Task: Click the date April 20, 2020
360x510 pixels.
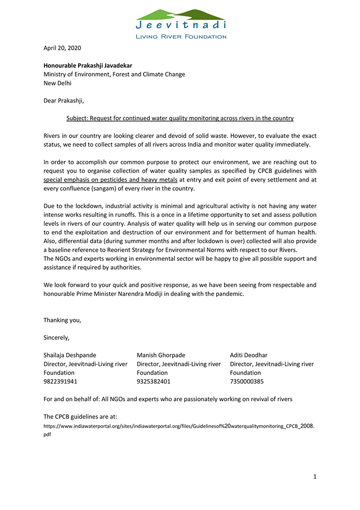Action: tap(62, 48)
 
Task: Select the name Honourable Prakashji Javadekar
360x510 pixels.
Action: tap(88, 65)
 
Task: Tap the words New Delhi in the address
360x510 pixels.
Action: tap(57, 83)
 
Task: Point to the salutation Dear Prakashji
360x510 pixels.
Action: tap(64, 100)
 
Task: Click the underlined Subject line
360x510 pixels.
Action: tap(179, 118)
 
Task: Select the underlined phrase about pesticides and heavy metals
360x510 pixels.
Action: tap(110, 180)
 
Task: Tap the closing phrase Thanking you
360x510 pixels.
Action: tap(62, 320)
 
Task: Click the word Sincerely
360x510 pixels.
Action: tap(56, 337)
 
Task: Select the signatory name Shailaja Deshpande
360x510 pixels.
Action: tap(70, 355)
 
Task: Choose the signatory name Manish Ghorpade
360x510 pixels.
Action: tap(161, 355)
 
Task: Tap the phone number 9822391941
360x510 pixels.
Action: tap(60, 381)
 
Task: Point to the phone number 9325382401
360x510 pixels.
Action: tap(153, 381)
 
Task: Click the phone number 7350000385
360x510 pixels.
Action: tap(246, 381)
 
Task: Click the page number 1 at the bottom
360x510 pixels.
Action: tap(314, 477)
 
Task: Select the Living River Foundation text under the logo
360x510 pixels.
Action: tap(181, 37)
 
